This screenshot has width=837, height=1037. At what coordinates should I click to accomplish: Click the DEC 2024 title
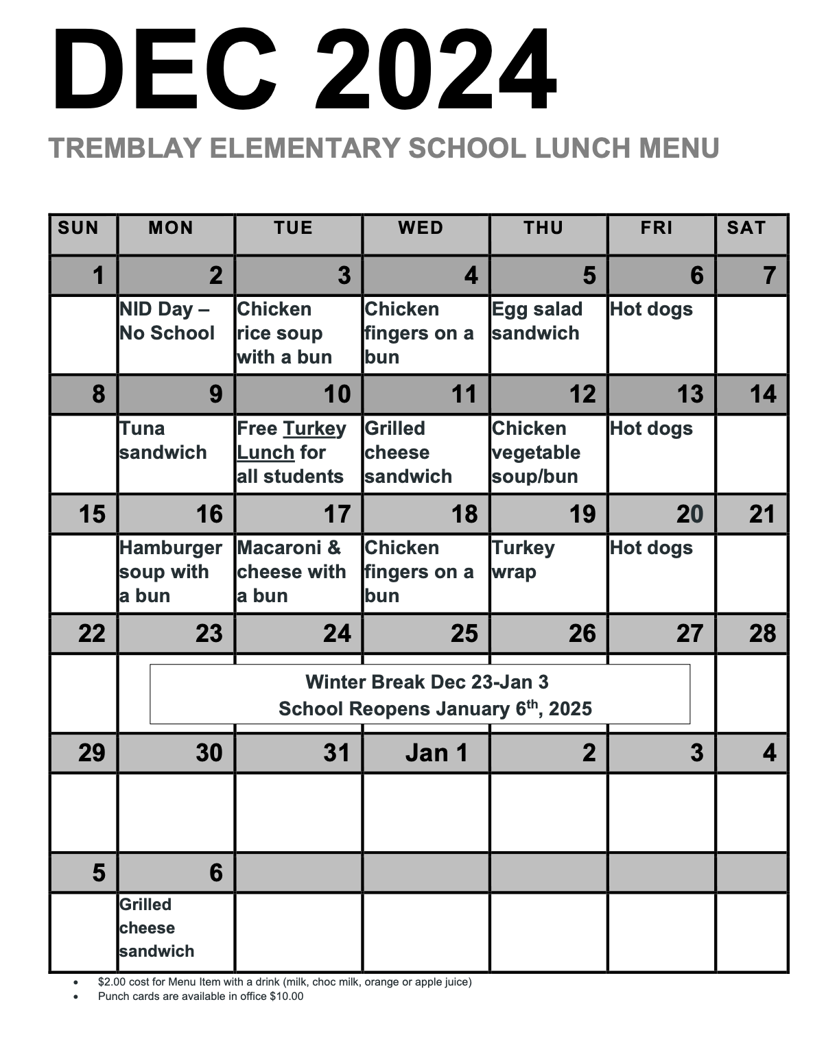[x=305, y=71]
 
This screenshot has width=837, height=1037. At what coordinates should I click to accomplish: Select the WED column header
[x=421, y=228]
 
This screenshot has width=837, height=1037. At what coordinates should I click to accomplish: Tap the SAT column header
[x=746, y=228]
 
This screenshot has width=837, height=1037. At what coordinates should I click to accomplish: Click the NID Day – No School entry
[x=167, y=321]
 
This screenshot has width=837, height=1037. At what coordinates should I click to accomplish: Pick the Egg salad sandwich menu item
[x=537, y=321]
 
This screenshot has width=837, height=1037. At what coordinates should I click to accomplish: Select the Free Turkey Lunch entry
[x=291, y=452]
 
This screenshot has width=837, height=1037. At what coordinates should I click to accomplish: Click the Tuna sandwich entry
[x=163, y=440]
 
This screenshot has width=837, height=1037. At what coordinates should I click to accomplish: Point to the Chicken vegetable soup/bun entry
[x=536, y=452]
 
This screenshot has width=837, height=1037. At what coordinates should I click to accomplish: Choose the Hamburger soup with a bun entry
[x=170, y=571]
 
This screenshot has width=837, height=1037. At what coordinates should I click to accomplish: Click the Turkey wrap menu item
[x=523, y=560]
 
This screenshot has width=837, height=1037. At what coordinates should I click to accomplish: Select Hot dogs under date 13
[x=651, y=429]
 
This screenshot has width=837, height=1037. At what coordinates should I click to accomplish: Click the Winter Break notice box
[x=420, y=694]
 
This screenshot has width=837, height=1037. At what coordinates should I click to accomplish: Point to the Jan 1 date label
[x=436, y=753]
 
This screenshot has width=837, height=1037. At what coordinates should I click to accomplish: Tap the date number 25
[x=464, y=633]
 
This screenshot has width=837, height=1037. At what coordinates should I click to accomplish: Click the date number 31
[x=336, y=753]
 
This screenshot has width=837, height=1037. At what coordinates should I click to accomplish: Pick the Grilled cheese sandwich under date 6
[x=156, y=927]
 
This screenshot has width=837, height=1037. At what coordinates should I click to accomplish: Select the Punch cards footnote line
[x=200, y=996]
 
